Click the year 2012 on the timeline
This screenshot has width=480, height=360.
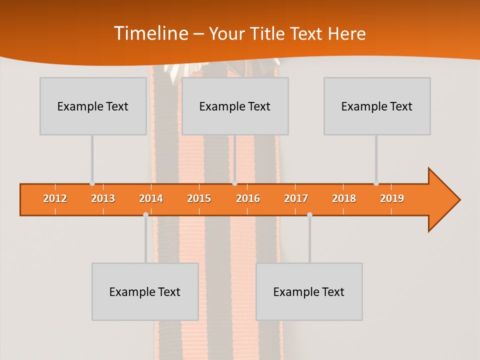coord(55,198)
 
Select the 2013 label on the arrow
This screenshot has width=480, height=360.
coord(103,198)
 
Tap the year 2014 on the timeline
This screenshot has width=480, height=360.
coord(151,198)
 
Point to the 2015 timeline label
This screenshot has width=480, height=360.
coord(199,198)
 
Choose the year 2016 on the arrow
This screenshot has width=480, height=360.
coord(248,198)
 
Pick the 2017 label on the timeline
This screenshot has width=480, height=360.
coord(296,198)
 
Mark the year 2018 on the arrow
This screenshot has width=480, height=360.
coord(344,198)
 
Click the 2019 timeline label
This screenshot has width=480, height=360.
coord(392,198)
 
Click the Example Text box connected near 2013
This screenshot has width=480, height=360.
coord(93,106)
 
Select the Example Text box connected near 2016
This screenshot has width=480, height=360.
coord(235,106)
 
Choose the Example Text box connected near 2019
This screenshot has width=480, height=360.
coord(377,106)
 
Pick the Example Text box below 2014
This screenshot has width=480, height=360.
coord(145,291)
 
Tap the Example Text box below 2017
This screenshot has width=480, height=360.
coord(309,291)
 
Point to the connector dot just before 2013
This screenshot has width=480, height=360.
coord(92,183)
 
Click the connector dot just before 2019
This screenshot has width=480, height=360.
coord(376,183)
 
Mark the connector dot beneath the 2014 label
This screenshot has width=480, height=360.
coord(145,214)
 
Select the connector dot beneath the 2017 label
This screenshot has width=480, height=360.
coord(309,214)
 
